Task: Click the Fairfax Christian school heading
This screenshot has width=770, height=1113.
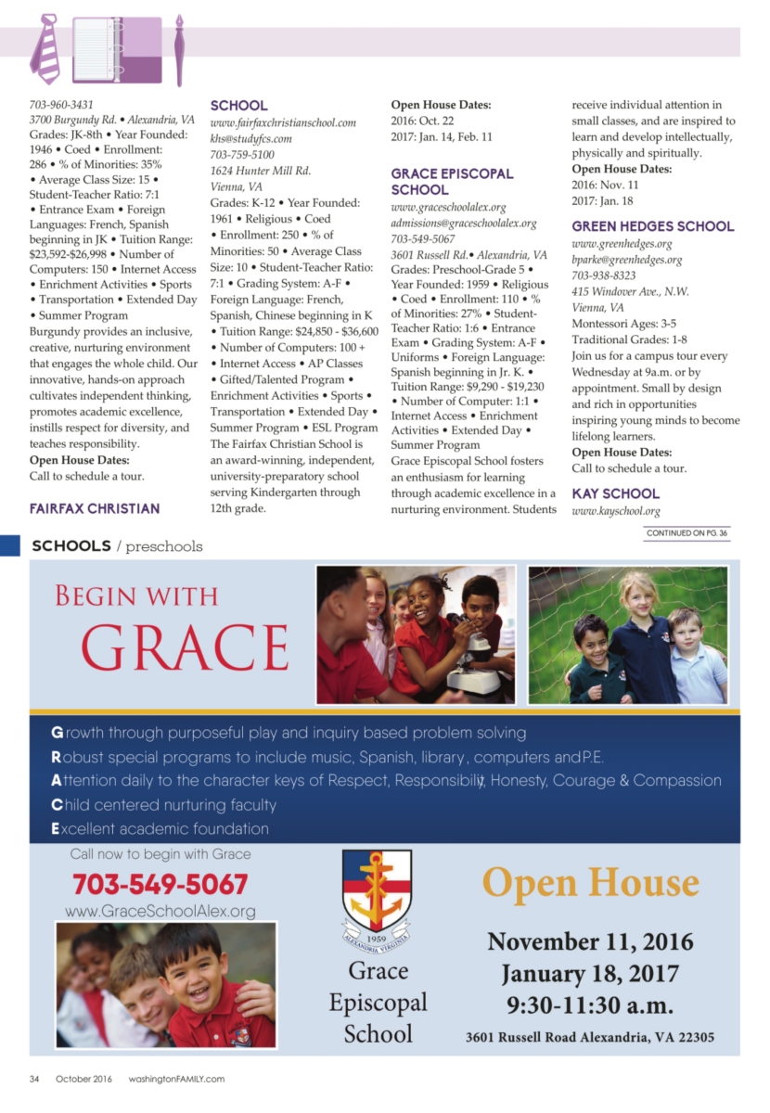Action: [x=95, y=508]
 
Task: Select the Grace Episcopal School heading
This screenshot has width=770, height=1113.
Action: [x=452, y=181]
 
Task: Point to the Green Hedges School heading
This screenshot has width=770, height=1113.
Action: [x=652, y=225]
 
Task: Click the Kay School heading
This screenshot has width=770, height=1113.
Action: [x=615, y=493]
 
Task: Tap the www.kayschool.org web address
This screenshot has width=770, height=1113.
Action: [x=615, y=511]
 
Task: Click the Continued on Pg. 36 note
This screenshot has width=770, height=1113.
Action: [x=687, y=533]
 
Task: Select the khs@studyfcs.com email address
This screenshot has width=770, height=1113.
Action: [x=250, y=138]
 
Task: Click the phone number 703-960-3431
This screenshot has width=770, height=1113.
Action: [x=61, y=105]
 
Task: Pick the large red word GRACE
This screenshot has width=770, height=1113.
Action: [x=186, y=646]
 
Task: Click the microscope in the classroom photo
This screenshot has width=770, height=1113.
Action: [x=468, y=645]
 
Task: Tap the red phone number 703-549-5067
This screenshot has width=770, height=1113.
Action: [x=160, y=883]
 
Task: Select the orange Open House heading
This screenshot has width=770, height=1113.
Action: [x=590, y=883]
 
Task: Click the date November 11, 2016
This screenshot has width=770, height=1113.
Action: [x=590, y=942]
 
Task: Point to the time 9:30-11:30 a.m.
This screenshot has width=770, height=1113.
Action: [x=590, y=1004]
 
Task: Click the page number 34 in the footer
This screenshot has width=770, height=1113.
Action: [x=34, y=1079]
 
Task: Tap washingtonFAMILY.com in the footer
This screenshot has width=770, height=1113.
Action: [x=176, y=1079]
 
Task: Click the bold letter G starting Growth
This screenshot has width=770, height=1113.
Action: [x=57, y=733]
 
